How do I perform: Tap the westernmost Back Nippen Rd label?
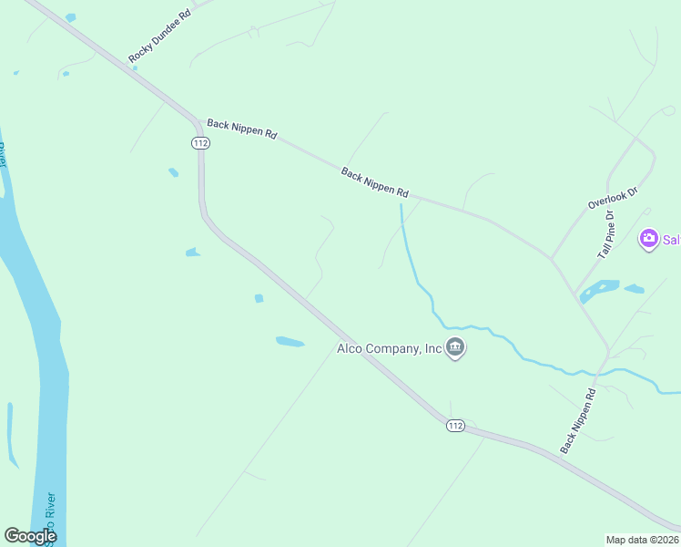(241, 129)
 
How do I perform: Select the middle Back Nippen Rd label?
(375, 182)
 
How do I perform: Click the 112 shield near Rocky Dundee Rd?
(201, 142)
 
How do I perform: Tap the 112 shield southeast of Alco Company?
(456, 426)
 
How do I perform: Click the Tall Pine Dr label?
(606, 234)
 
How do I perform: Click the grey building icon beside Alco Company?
(456, 348)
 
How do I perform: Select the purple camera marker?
(648, 240)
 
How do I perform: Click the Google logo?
(30, 536)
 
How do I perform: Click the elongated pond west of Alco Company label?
(290, 342)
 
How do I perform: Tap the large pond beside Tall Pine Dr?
(598, 291)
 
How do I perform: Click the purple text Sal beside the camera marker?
(671, 240)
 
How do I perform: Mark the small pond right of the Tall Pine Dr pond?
(635, 290)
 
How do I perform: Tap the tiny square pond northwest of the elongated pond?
(259, 298)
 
